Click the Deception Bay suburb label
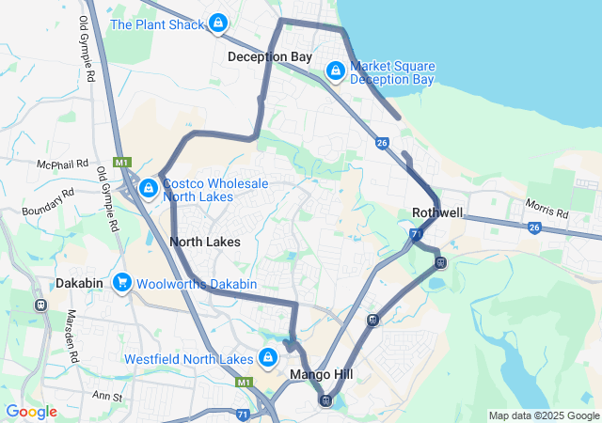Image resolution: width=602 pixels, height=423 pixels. pos(269,57)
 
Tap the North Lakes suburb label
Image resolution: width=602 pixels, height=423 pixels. pos(204,242)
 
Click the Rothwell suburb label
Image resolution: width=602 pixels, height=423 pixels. pos(437,212)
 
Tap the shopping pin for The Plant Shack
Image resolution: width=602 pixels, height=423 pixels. pos(218,23)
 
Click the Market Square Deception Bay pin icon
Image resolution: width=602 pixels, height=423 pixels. pos(336,70)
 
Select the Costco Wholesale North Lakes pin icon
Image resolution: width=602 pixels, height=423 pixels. pos(148,189)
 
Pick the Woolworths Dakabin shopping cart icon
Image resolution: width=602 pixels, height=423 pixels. pos(121,282)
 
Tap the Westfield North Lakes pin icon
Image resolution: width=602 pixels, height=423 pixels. pos(268,358)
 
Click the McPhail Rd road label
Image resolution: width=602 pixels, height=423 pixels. pos(62,164)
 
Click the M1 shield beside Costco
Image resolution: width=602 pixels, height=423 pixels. pos(121,163)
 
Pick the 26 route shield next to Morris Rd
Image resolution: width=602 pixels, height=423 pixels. pos(535,227)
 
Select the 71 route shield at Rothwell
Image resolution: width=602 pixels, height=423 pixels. pos(416,233)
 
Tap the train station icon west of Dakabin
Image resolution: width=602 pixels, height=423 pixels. pos(40,305)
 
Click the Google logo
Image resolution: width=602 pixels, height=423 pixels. pos(31,412)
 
